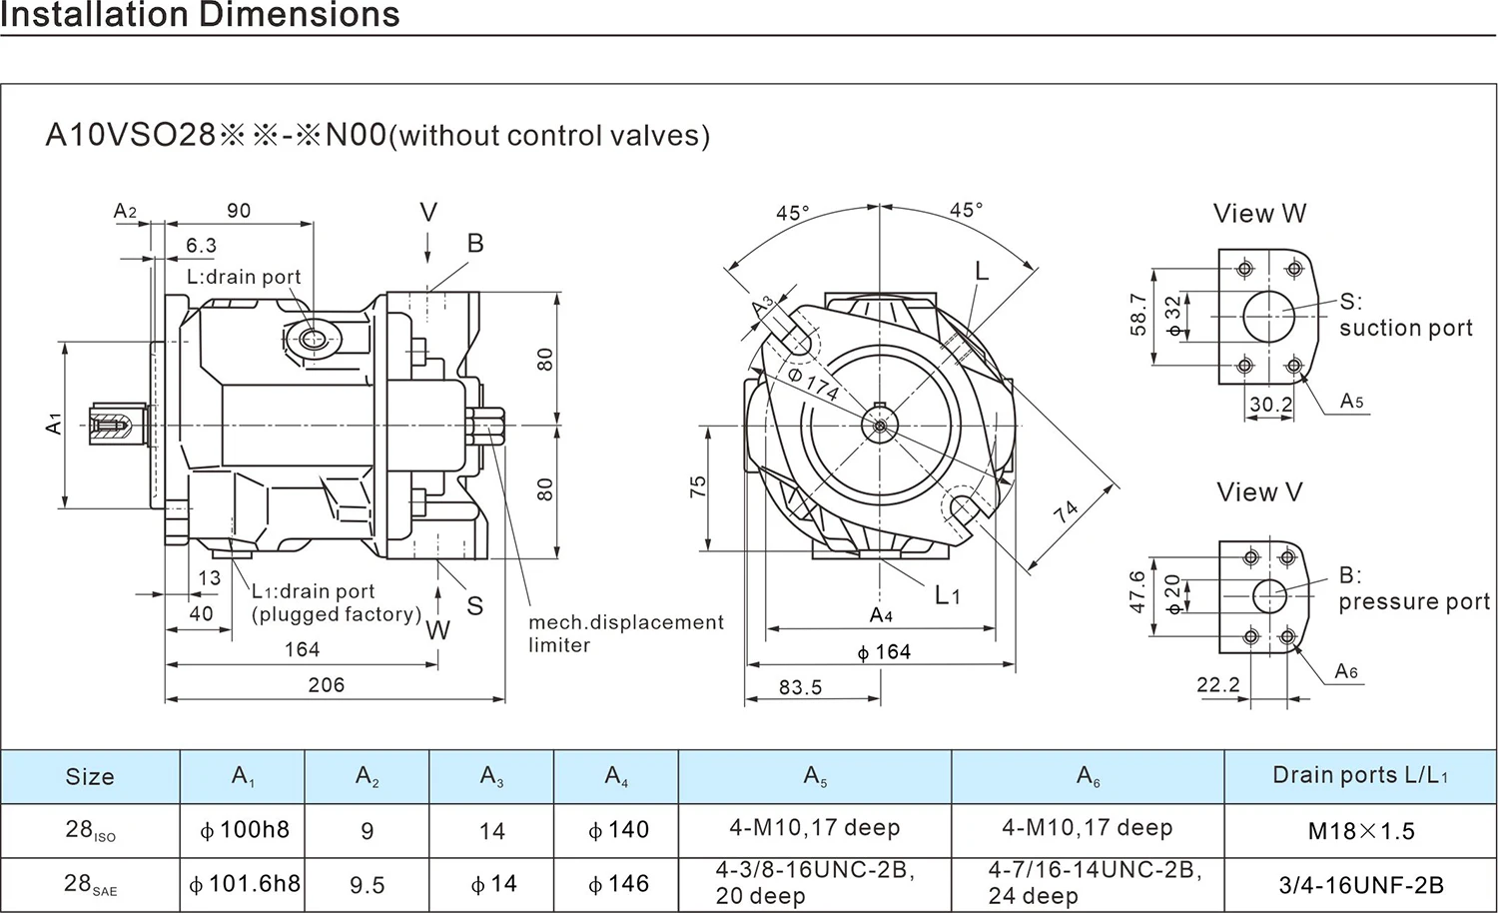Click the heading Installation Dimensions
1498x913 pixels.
click(200, 15)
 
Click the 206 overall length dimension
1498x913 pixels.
click(326, 685)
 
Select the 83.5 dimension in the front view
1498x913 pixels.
click(800, 687)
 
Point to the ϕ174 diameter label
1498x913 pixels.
click(812, 385)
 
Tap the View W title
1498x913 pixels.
click(1259, 214)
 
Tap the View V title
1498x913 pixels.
click(1259, 492)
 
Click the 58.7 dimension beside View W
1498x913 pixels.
click(1137, 315)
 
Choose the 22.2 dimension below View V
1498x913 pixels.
click(1217, 684)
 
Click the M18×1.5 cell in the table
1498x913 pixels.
click(1361, 831)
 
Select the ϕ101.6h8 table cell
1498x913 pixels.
click(244, 884)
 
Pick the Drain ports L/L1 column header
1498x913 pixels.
click(1360, 775)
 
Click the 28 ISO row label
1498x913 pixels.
click(90, 830)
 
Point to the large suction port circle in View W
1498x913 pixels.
click(1268, 317)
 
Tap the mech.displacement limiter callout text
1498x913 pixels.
click(625, 633)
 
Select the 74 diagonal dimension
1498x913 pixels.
click(1067, 512)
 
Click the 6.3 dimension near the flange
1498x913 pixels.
click(201, 246)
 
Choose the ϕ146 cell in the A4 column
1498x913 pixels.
click(618, 884)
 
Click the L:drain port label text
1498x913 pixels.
click(244, 277)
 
